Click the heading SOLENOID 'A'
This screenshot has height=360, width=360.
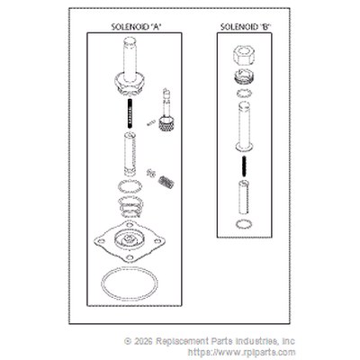[x=137, y=27]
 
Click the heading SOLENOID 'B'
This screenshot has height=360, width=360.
[x=246, y=27]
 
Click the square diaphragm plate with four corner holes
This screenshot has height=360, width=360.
[x=130, y=241]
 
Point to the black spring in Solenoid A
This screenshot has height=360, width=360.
[x=130, y=113]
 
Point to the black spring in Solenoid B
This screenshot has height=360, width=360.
[x=244, y=167]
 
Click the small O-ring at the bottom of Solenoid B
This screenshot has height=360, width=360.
[x=244, y=224]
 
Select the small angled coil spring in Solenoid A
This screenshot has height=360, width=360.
[x=166, y=182]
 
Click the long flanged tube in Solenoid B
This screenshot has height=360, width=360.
[x=244, y=126]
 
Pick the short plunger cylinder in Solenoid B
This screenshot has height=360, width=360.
[x=244, y=197]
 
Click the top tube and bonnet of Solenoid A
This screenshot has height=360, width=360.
[x=130, y=67]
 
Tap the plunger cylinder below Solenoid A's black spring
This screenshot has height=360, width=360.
[x=130, y=155]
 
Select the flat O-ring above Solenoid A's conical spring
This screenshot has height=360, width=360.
[x=130, y=186]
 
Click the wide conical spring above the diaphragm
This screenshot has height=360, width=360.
[x=130, y=206]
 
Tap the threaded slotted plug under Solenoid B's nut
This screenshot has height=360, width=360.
[x=244, y=76]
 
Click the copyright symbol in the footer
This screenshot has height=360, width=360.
[x=128, y=341]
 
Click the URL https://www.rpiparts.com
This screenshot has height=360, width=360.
[x=242, y=352]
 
